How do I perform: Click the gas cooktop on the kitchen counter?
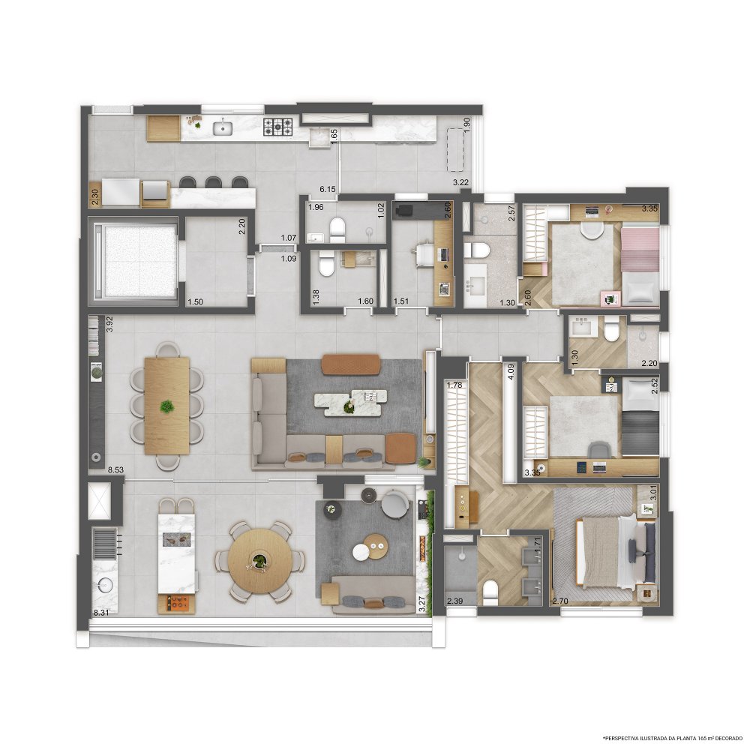(278, 127)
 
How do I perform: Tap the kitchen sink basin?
(223, 128)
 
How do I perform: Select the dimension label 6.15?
(328, 190)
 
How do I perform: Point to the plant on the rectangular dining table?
(167, 406)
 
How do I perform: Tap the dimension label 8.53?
(115, 470)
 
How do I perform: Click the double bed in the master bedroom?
(616, 553)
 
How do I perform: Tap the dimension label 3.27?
(421, 604)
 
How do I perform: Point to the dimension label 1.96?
(316, 208)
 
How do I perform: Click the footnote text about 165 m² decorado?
(673, 737)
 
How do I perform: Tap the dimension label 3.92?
(109, 324)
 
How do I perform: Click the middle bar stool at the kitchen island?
(212, 182)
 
